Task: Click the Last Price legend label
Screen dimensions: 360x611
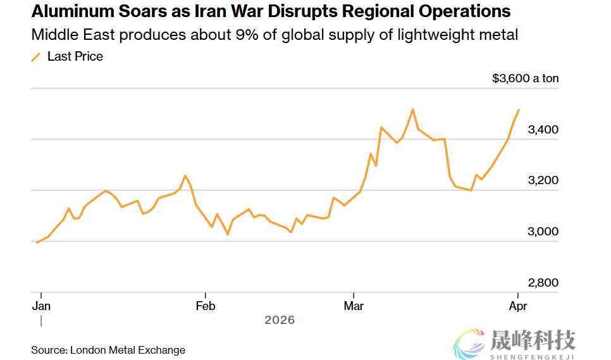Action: pos(75,56)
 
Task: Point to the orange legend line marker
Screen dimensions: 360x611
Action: pos(36,57)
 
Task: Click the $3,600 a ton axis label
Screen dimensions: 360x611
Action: pos(526,79)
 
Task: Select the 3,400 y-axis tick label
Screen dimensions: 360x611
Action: pos(543,130)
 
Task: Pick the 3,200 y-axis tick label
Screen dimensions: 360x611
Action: pos(543,181)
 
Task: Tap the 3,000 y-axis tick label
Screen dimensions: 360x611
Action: pos(543,232)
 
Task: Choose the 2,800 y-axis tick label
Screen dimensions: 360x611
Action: pos(543,283)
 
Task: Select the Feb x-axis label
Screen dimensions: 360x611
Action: pos(206,306)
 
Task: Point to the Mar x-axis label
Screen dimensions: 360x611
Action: pos(354,306)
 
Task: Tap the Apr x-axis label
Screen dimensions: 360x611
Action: pos(518,306)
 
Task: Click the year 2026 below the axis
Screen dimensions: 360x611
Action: pos(280,320)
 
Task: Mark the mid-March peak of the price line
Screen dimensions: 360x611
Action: pos(412,109)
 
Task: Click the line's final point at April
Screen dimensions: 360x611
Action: pos(519,110)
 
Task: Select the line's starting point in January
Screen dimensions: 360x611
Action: pos(37,242)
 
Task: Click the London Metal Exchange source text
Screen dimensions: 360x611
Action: pos(128,350)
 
